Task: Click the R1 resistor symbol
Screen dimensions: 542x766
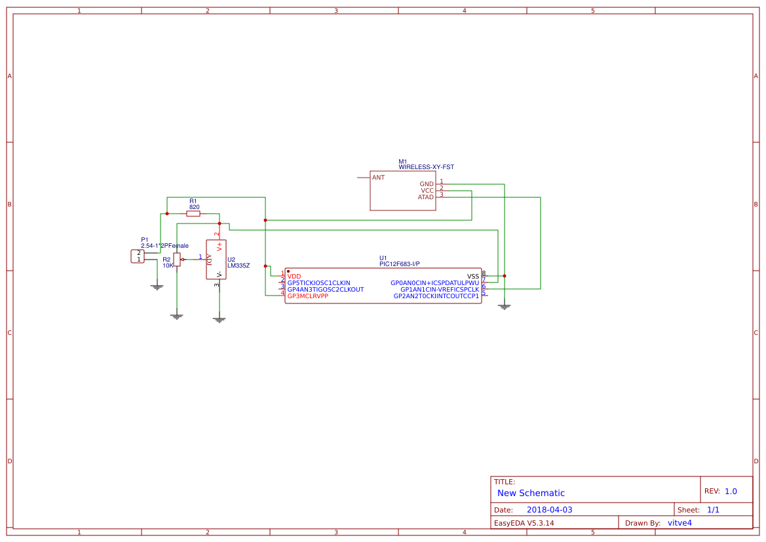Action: [193, 214]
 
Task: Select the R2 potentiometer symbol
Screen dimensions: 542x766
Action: [177, 260]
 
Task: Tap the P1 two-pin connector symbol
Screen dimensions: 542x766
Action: [138, 256]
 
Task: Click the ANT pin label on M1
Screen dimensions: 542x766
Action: [378, 178]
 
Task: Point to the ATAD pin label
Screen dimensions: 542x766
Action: [426, 197]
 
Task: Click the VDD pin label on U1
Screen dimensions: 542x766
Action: [294, 277]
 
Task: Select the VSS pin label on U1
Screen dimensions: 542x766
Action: [473, 277]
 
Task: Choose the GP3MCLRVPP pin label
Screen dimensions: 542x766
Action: [307, 296]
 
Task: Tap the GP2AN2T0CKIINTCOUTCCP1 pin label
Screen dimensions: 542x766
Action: [436, 296]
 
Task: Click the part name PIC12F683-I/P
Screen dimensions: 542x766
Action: [399, 264]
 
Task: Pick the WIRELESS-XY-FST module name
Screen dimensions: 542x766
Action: [426, 168]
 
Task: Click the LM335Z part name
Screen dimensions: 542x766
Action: [239, 266]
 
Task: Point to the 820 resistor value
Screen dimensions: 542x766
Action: [194, 207]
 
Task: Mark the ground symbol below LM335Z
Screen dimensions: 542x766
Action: [220, 320]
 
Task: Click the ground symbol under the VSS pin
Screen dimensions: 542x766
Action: [504, 306]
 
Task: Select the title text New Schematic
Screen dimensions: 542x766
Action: [531, 494]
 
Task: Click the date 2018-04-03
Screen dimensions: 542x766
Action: [549, 510]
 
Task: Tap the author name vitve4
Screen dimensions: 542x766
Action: [680, 523]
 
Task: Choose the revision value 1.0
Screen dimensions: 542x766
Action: [731, 492]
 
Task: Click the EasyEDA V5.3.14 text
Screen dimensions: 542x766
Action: [524, 523]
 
